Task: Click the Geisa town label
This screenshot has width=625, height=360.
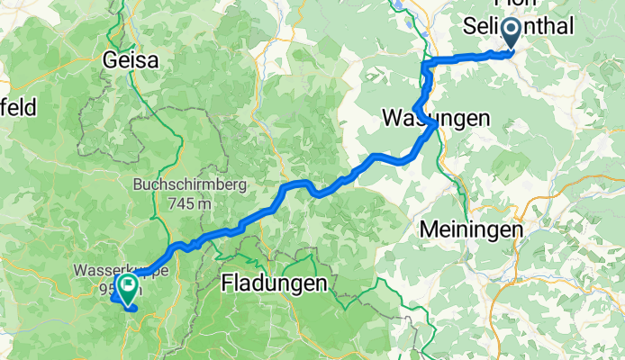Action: pos(131,62)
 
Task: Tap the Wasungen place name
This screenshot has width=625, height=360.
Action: pos(436,118)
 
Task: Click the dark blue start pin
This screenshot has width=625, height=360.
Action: pos(512,33)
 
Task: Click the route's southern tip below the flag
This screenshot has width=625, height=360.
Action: pos(132,309)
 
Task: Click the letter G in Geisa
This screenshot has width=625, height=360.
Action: pos(110,62)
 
